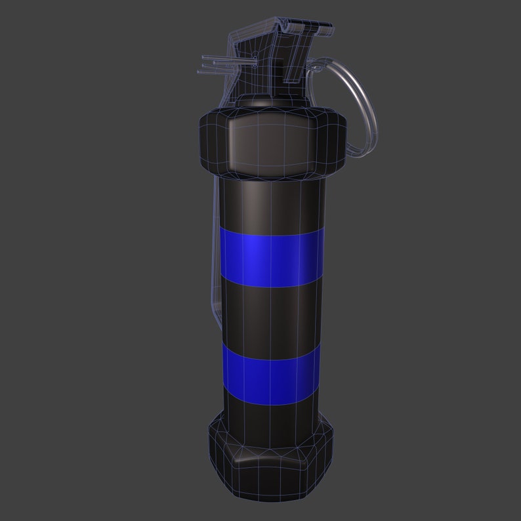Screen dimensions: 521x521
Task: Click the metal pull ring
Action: [362, 98]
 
